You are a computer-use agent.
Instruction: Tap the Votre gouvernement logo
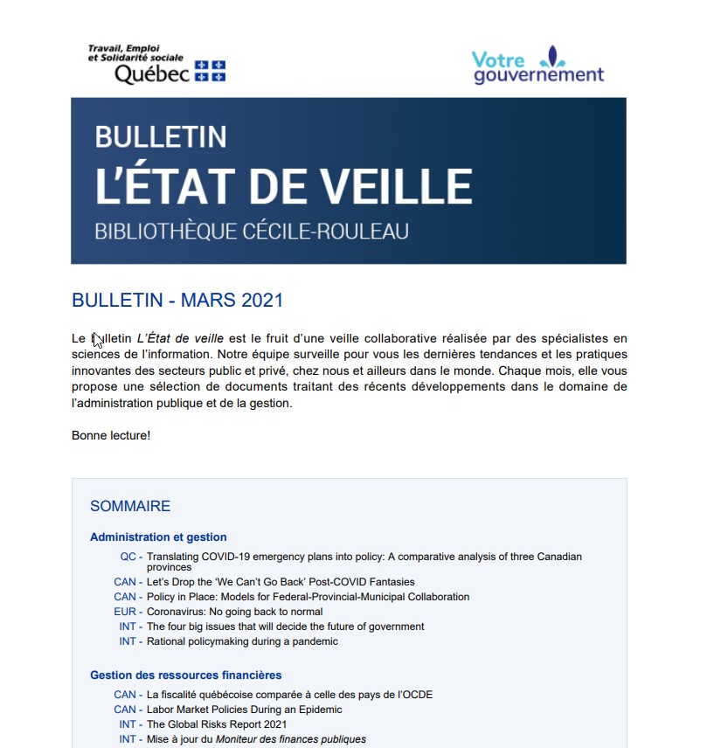click(x=538, y=66)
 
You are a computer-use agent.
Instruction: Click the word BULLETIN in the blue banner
click(x=161, y=136)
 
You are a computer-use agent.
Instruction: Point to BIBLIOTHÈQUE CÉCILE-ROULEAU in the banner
click(x=252, y=232)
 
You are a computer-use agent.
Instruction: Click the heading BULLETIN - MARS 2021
click(x=177, y=300)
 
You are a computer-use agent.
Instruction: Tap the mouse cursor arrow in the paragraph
click(x=98, y=340)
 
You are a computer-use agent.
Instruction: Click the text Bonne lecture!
click(x=111, y=435)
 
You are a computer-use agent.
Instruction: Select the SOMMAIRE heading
click(x=130, y=506)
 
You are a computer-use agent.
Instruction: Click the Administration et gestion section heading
click(x=158, y=537)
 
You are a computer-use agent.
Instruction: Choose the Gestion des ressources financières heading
click(x=185, y=675)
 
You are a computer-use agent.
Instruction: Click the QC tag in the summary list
click(x=128, y=557)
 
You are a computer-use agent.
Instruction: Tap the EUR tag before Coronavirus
click(x=125, y=612)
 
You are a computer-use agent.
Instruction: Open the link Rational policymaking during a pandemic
click(x=242, y=641)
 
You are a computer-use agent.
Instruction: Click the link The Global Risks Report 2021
click(x=217, y=724)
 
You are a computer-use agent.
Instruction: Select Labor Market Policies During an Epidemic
click(x=245, y=710)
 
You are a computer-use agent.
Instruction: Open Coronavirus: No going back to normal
click(x=235, y=612)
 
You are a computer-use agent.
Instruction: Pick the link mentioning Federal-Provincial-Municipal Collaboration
click(x=308, y=597)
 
